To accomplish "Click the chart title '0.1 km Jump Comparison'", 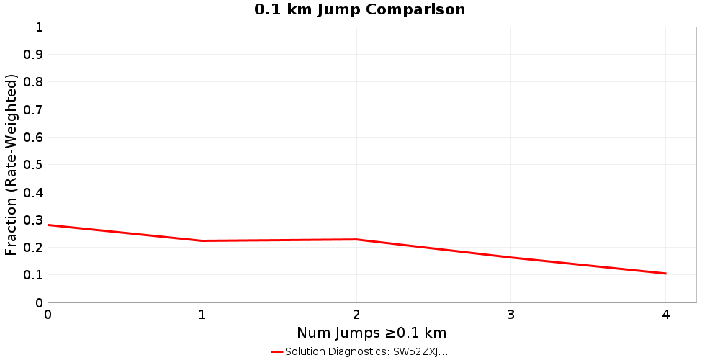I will coord(360,9).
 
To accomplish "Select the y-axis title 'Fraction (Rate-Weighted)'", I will coord(12,165).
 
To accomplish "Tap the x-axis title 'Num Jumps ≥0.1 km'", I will coord(372,333).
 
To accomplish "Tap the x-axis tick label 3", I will coord(510,315).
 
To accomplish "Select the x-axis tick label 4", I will coord(665,315).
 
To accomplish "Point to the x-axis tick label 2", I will coord(356,315).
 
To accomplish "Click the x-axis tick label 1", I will coord(202,315).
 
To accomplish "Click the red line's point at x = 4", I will coord(665,274).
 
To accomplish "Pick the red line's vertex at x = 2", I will coord(356,239).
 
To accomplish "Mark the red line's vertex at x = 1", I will coord(202,240).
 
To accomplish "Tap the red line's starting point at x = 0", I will coord(48,225).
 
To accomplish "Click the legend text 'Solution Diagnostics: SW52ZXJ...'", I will coord(366,351).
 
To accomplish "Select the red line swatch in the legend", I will coord(276,351).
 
